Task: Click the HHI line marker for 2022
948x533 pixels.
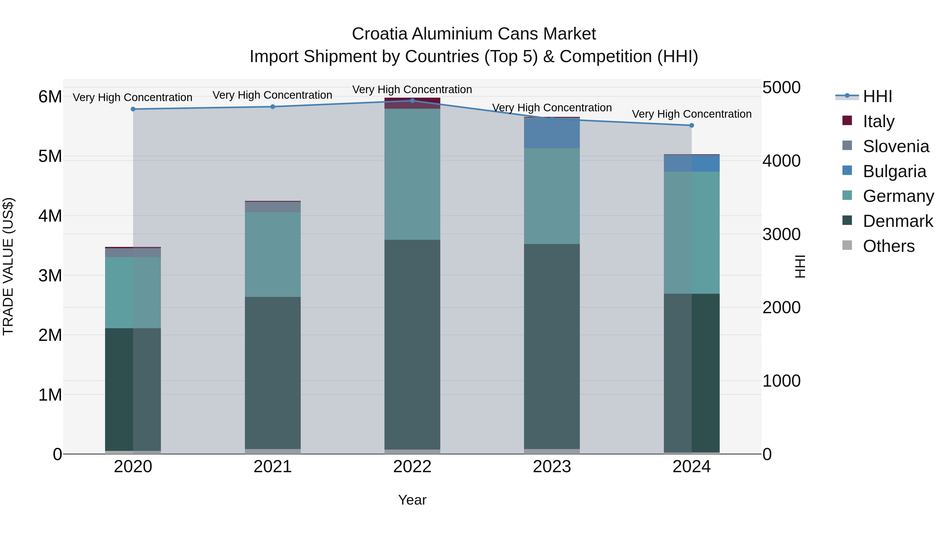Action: pyautogui.click(x=412, y=101)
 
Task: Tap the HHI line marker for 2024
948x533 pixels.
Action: pyautogui.click(x=692, y=126)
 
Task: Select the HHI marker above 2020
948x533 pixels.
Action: pyautogui.click(x=133, y=109)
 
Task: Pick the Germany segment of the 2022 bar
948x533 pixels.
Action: pyautogui.click(x=412, y=174)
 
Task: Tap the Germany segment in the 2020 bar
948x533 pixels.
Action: pyautogui.click(x=133, y=292)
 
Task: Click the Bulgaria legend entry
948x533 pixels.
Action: pyautogui.click(x=894, y=171)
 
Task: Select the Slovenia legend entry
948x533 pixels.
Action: pyautogui.click(x=896, y=146)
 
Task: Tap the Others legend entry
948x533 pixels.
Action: pyautogui.click(x=888, y=246)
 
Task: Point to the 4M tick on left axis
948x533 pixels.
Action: pyautogui.click(x=50, y=216)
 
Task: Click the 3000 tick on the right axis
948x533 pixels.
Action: pyautogui.click(x=781, y=234)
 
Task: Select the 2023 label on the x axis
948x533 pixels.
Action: pyautogui.click(x=552, y=467)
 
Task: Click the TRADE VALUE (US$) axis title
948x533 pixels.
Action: pyautogui.click(x=8, y=266)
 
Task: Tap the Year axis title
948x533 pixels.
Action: pyautogui.click(x=412, y=500)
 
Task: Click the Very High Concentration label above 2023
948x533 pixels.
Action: pyautogui.click(x=552, y=108)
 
